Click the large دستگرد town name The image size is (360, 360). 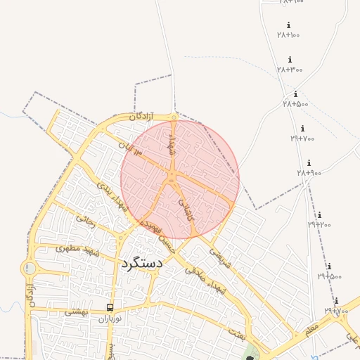pyautogui.click(x=141, y=263)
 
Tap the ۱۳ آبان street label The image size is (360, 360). pyautogui.click(x=129, y=148)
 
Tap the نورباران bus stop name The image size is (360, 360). pyautogui.click(x=110, y=319)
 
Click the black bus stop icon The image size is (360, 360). pyautogui.click(x=110, y=308)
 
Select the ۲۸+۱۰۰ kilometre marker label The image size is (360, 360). pyautogui.click(x=288, y=34)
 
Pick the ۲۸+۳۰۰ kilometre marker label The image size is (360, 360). pyautogui.click(x=290, y=69)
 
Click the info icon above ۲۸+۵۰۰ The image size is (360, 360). pyautogui.click(x=295, y=94)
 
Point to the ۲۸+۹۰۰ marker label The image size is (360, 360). pyautogui.click(x=309, y=172)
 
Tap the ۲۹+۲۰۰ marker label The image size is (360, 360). pyautogui.click(x=319, y=224)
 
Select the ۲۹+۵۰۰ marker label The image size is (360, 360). pyautogui.click(x=329, y=276)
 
